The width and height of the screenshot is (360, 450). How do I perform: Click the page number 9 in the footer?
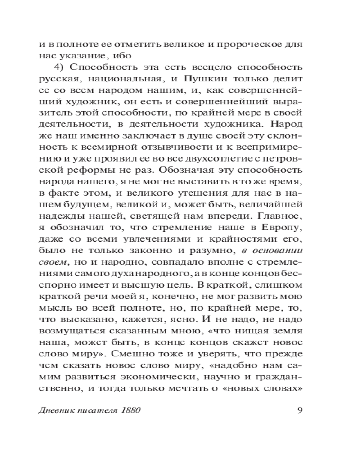point(299,410)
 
